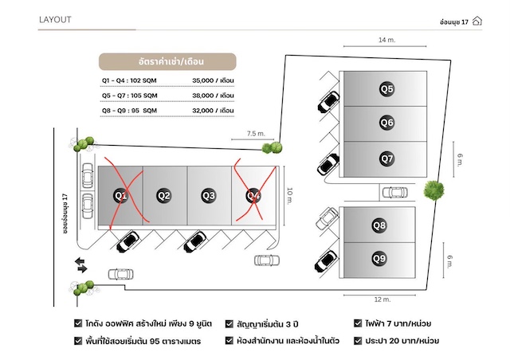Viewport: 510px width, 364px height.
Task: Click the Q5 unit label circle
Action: click(x=386, y=89)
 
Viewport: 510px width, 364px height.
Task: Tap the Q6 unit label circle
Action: click(x=386, y=123)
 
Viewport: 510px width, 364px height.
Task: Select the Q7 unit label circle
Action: click(x=386, y=159)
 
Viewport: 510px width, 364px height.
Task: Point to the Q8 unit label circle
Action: click(x=379, y=225)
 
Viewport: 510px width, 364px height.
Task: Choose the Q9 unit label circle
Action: click(x=379, y=258)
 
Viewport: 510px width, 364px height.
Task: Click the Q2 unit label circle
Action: click(x=164, y=195)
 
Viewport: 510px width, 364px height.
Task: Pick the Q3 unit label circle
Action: click(x=209, y=195)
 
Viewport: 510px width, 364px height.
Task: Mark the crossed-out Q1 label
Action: click(x=121, y=195)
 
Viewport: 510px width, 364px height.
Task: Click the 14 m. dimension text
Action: click(x=386, y=39)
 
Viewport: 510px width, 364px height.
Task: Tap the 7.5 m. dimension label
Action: click(x=256, y=134)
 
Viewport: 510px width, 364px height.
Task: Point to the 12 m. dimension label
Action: click(x=381, y=299)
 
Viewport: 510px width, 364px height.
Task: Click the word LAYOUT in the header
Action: click(x=56, y=20)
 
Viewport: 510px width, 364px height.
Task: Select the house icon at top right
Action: click(x=477, y=21)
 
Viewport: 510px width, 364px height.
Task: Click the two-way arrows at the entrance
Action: click(x=81, y=264)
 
